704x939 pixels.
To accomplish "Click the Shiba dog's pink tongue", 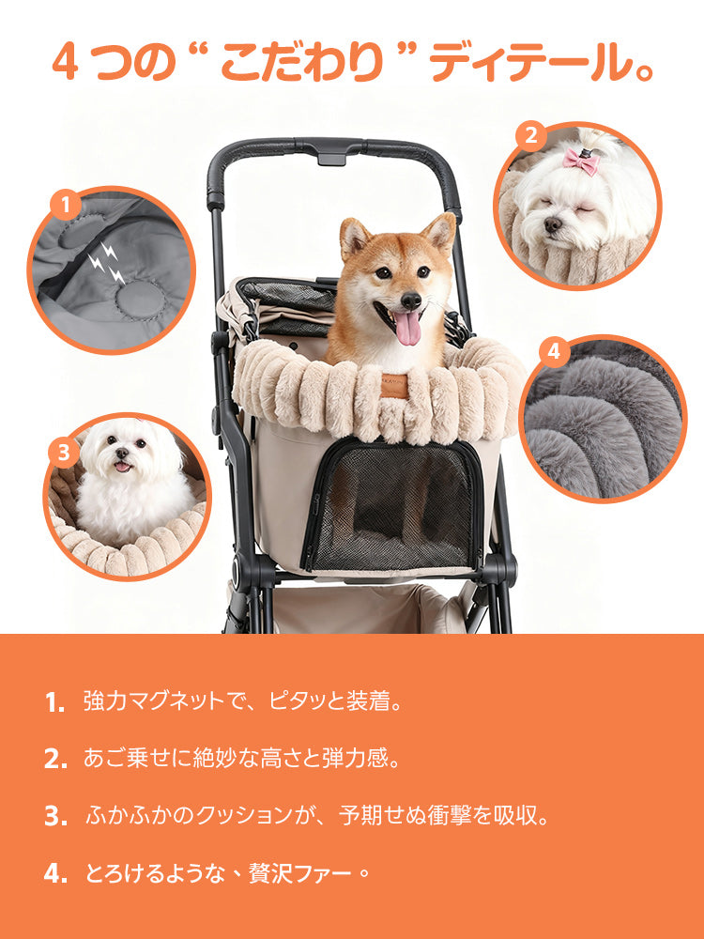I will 407,328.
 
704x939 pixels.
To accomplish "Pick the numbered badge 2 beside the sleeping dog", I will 530,137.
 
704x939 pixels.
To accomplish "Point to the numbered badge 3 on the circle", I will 63,454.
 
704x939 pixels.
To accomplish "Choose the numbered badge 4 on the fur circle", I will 553,352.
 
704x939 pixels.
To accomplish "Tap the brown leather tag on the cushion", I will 394,382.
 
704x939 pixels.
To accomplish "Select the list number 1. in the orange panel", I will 55,702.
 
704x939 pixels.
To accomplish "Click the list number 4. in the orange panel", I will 55,874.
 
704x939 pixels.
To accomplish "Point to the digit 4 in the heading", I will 65,63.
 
